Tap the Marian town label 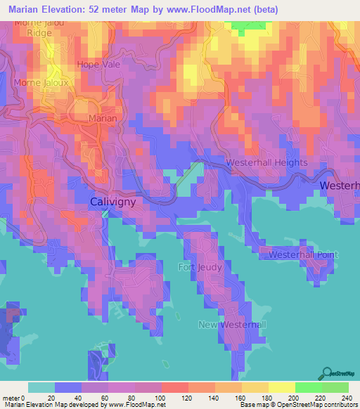click(103, 119)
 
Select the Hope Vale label click(98, 65)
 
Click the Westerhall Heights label click(266, 162)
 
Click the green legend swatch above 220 click(308, 387)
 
